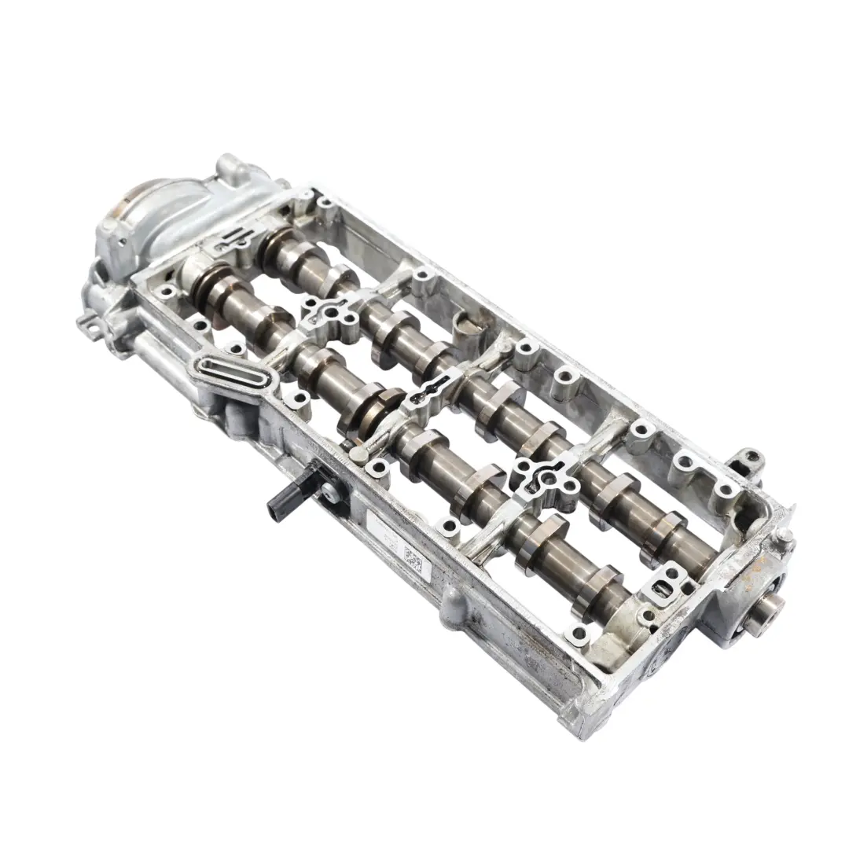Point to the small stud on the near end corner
pos(783,537)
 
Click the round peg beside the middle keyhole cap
pos(358,454)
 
